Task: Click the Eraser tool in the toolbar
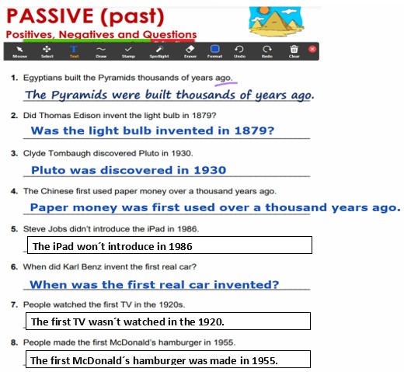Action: [190, 51]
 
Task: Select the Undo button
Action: [239, 51]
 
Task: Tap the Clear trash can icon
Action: [294, 51]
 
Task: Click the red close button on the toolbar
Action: [312, 49]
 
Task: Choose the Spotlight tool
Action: [159, 51]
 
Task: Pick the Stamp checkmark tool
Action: [128, 51]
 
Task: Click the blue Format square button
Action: [214, 51]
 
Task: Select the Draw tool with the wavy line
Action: [101, 51]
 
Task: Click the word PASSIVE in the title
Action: [50, 16]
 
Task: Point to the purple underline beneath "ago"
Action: [226, 83]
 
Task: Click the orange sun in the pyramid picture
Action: [264, 10]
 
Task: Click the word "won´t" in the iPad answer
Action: [91, 246]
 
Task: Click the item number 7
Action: [14, 304]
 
